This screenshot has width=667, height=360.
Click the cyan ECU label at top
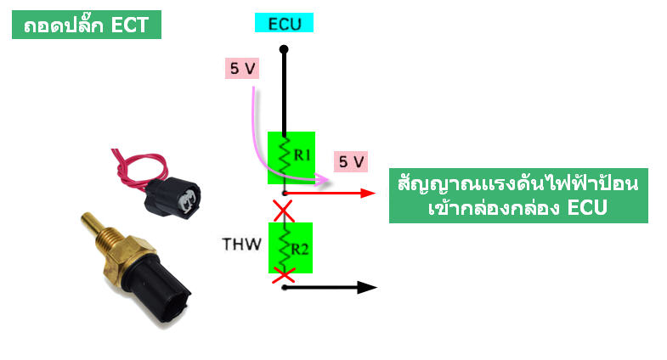pyautogui.click(x=285, y=24)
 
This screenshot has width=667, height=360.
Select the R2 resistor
pyautogui.click(x=291, y=248)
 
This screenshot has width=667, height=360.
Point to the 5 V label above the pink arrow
pyautogui.click(x=240, y=69)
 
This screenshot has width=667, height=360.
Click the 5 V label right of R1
pyautogui.click(x=351, y=160)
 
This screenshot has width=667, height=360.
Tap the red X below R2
pyautogui.click(x=284, y=274)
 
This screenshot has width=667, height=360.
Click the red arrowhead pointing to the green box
pyautogui.click(x=368, y=193)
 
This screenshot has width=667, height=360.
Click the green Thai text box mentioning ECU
pyautogui.click(x=518, y=197)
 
